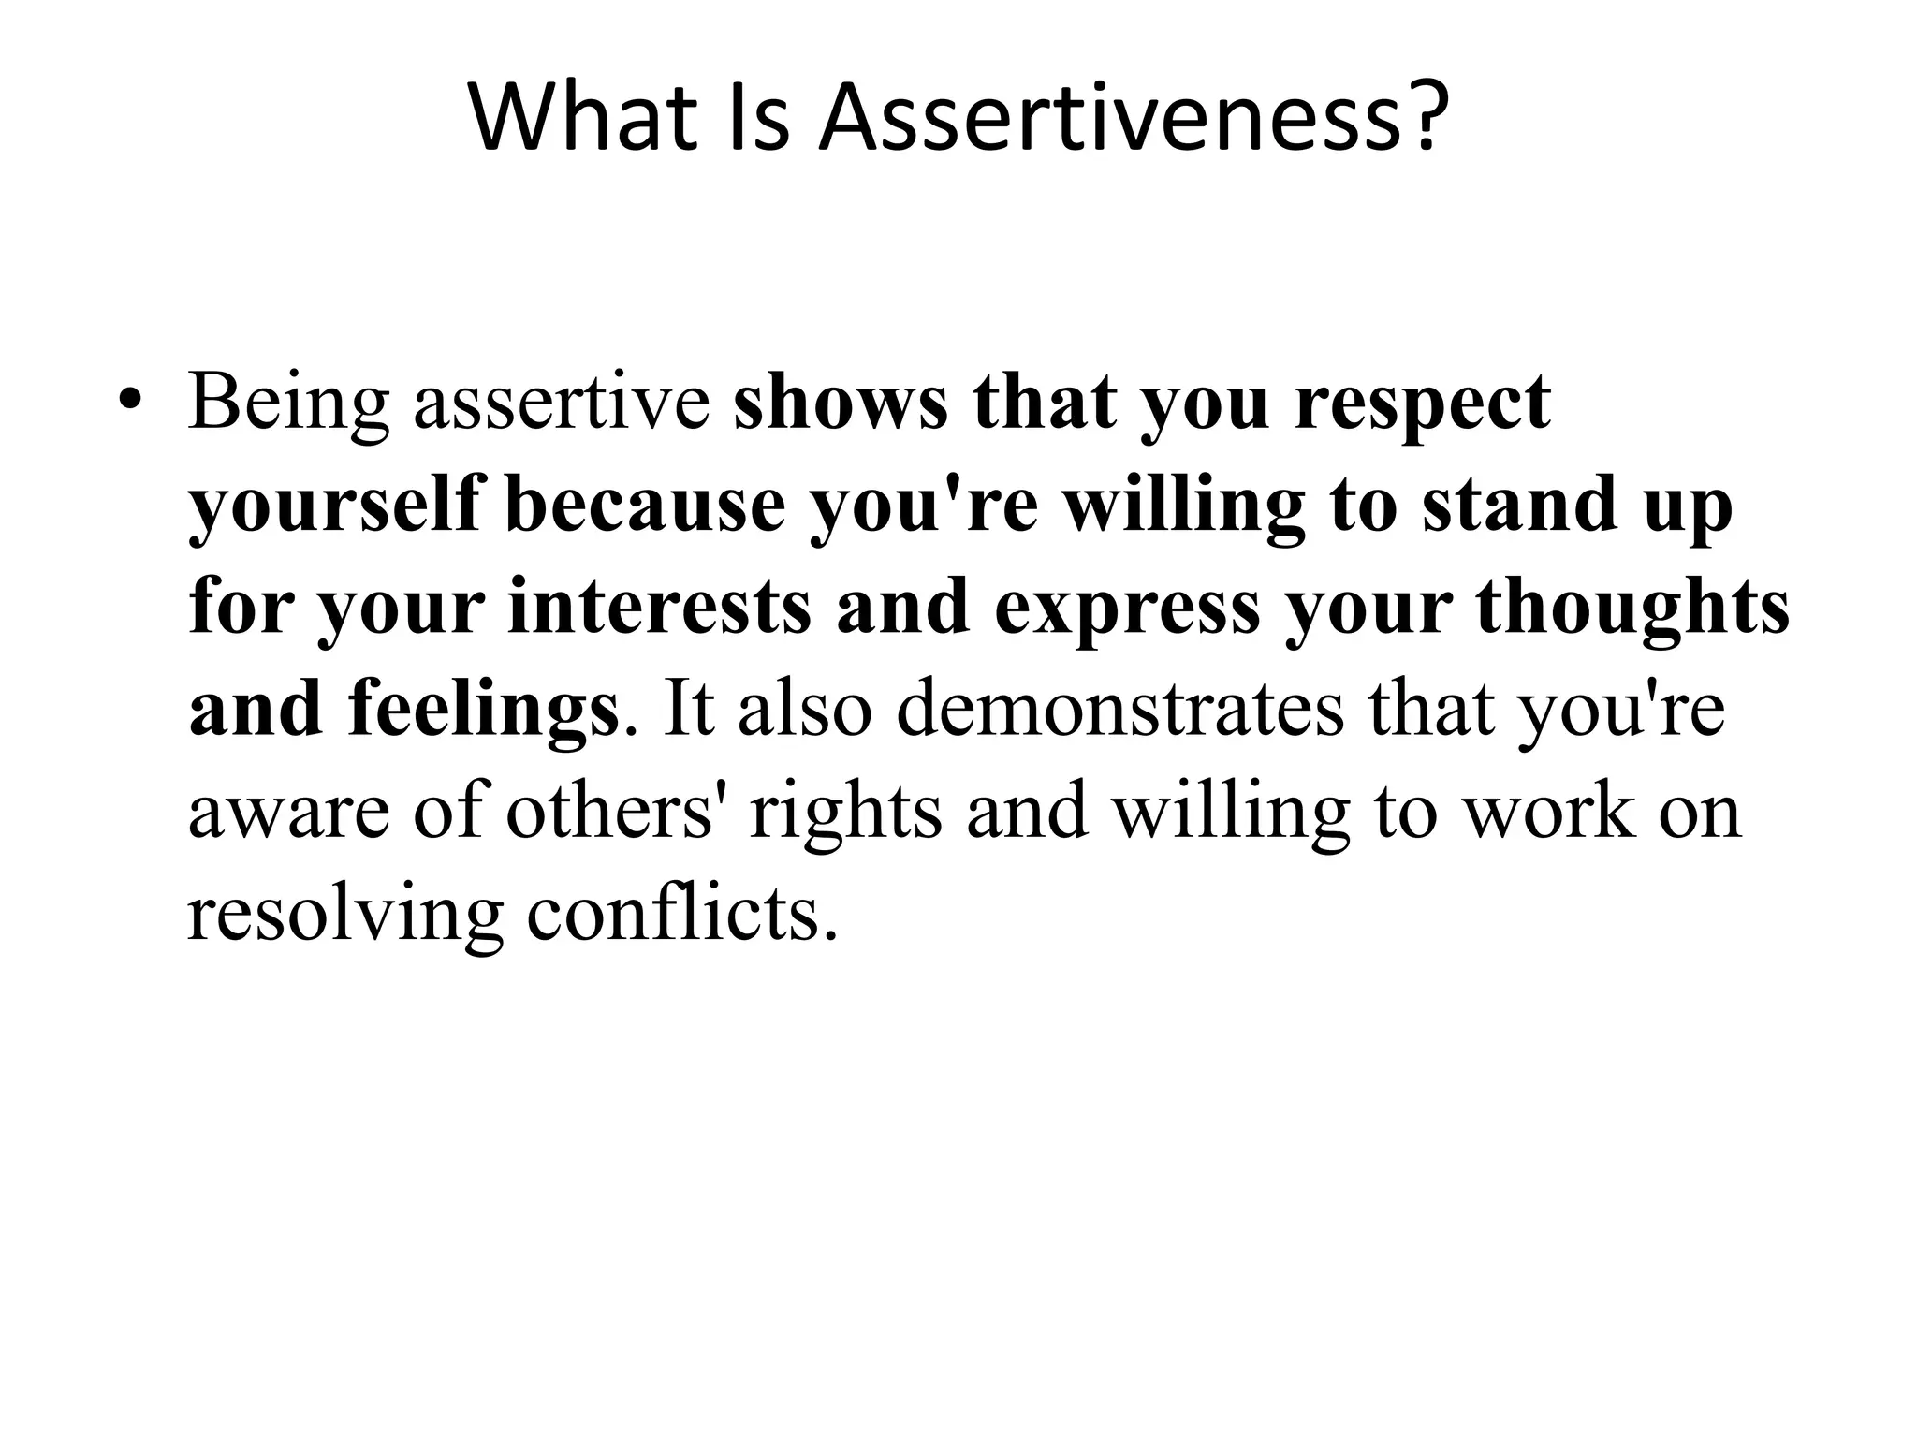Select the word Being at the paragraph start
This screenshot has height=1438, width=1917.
point(288,403)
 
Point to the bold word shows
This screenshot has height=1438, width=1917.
point(840,403)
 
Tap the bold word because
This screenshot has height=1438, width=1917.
point(645,506)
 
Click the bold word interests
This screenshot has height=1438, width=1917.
point(659,607)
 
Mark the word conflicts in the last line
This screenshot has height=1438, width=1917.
point(680,912)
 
